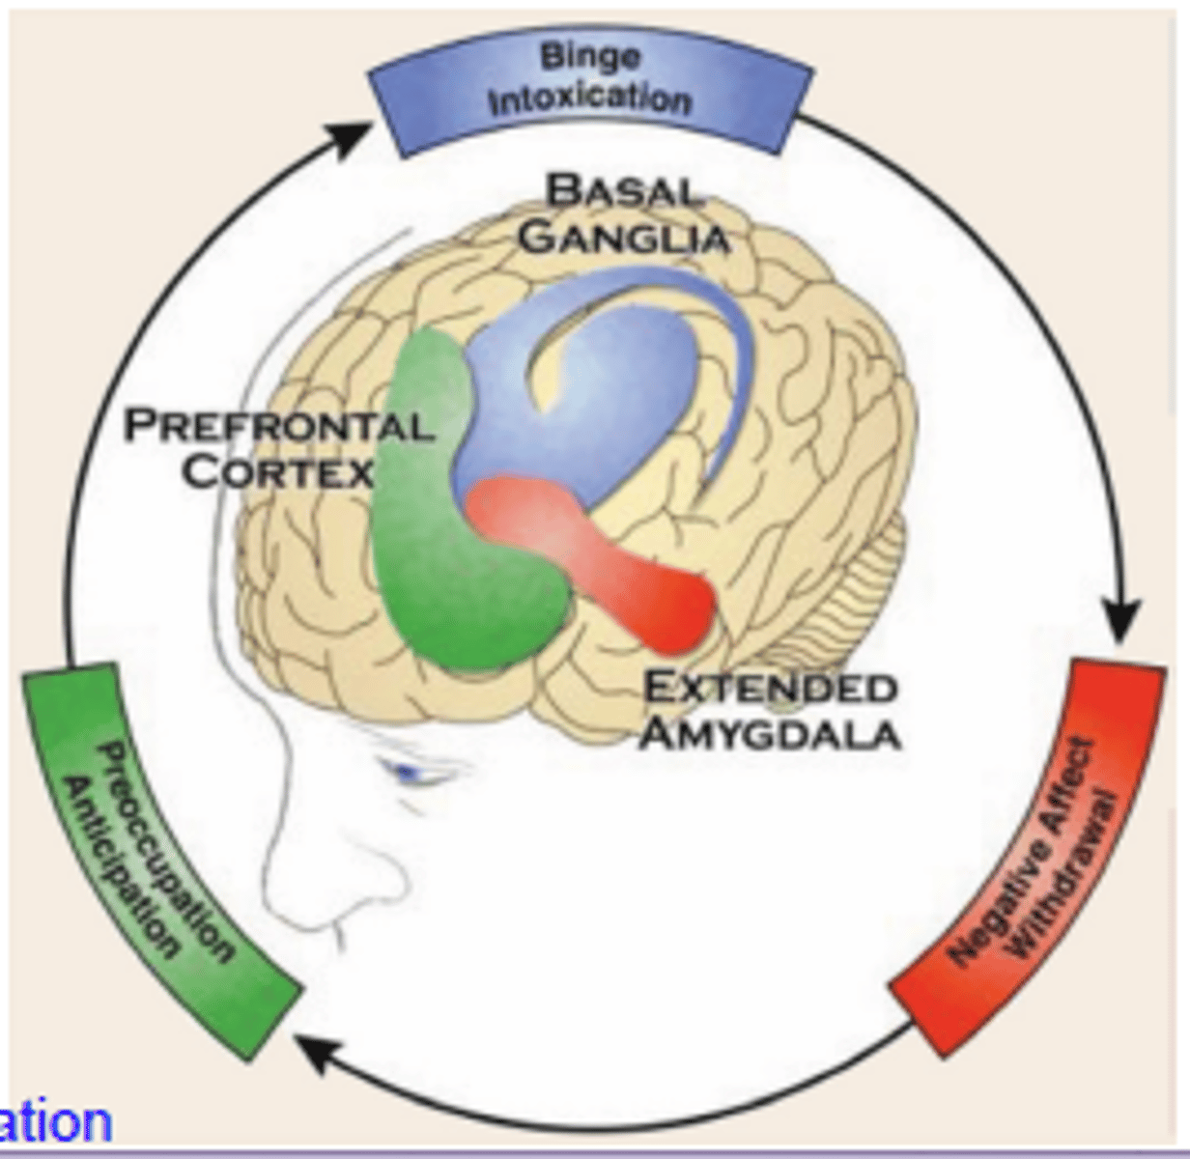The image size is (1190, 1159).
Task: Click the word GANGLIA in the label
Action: (x=623, y=236)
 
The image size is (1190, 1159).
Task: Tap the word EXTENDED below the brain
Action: (x=769, y=688)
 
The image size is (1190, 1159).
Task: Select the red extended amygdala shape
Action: (x=618, y=560)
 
